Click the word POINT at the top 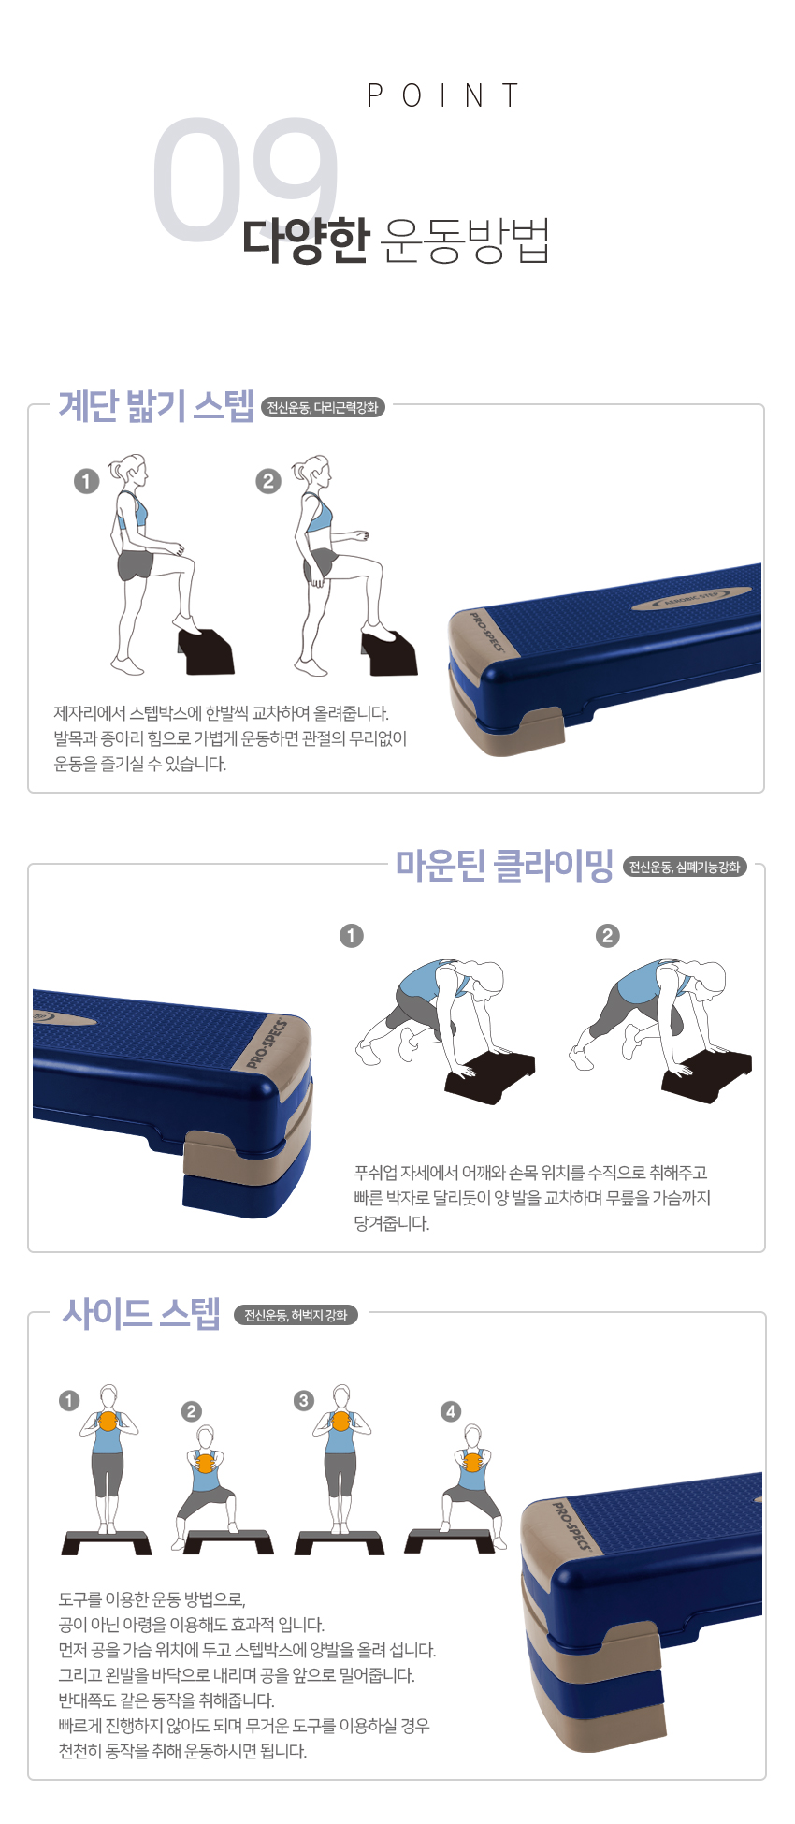(442, 95)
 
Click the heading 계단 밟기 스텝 (156, 405)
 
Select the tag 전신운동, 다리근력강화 (323, 407)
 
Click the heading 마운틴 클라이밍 (504, 865)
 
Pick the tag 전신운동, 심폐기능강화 (685, 868)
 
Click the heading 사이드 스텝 (141, 1313)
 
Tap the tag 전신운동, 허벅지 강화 (296, 1315)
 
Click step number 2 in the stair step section (268, 481)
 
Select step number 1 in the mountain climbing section (352, 936)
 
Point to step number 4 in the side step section (451, 1411)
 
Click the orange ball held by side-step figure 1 (108, 1421)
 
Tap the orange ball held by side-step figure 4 (472, 1462)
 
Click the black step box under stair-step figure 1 (207, 652)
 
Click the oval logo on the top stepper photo (692, 599)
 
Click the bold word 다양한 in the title (306, 240)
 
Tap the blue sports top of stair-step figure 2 (317, 515)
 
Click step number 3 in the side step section (303, 1400)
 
